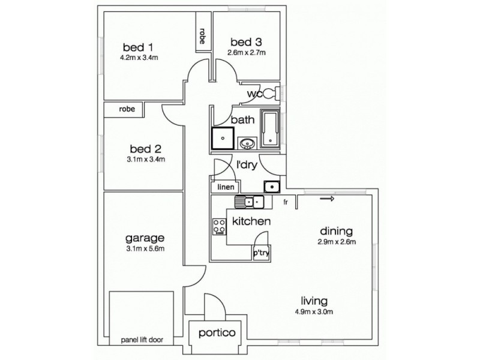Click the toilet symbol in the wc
click(271, 93)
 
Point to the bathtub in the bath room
click(270, 129)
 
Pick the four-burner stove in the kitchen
click(218, 226)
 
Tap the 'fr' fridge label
click(286, 202)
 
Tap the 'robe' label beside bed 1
click(203, 37)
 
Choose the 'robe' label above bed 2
click(126, 109)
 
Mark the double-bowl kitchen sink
click(250, 202)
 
